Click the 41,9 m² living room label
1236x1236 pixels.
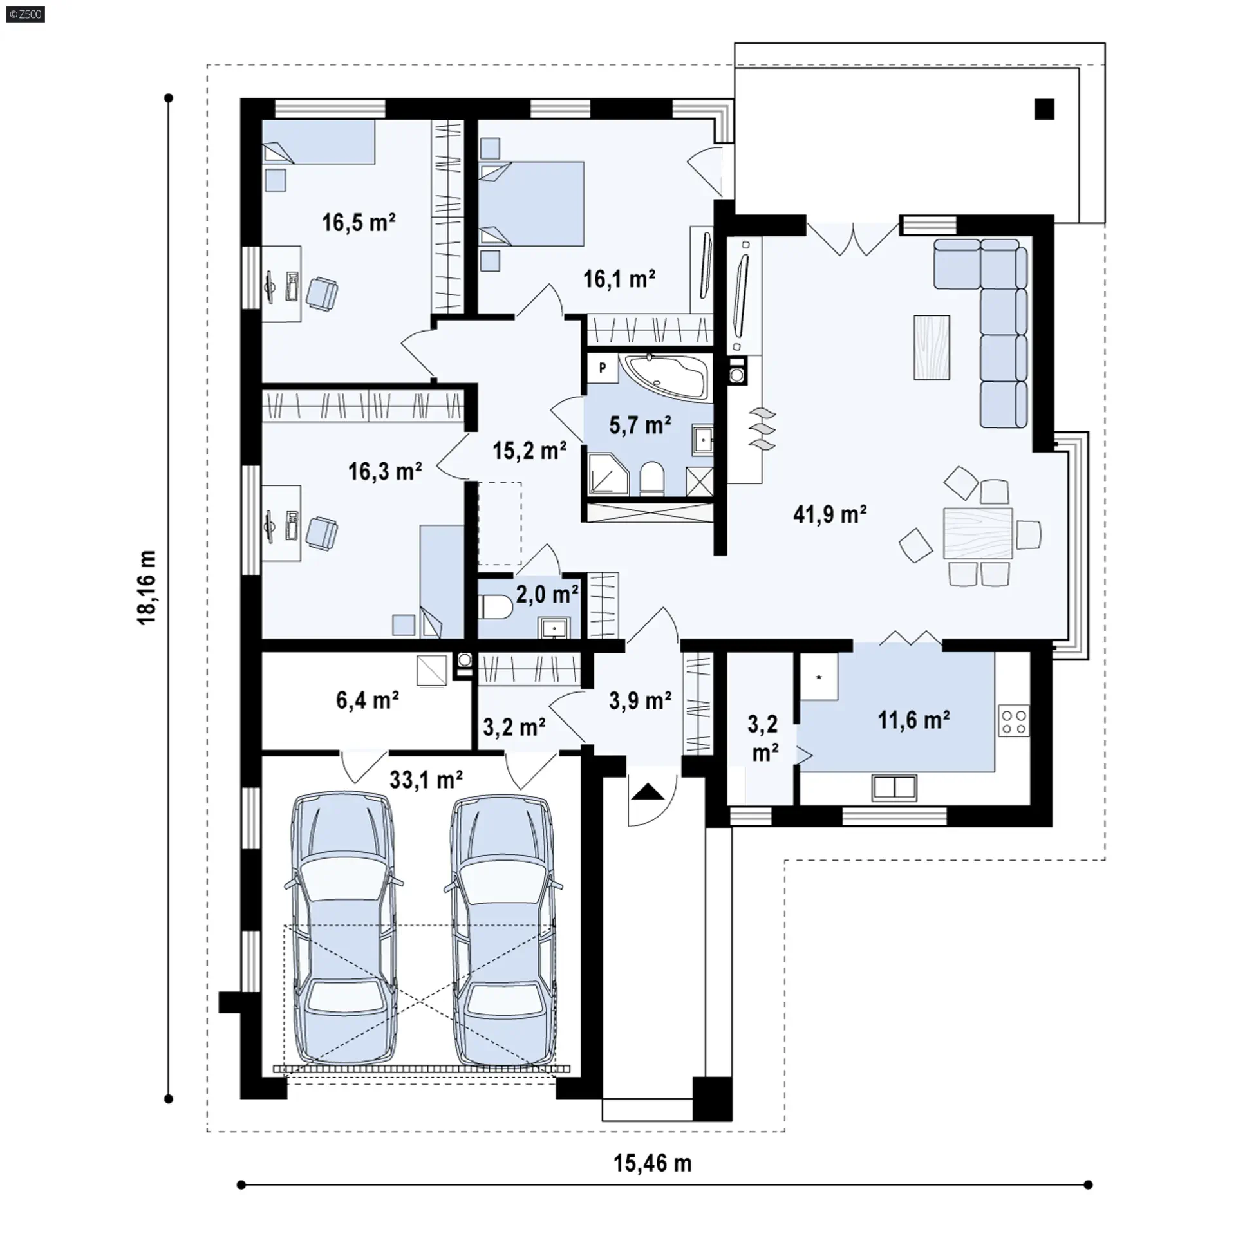[830, 514]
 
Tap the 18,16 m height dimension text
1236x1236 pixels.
[147, 587]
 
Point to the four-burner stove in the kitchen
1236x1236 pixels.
[1013, 721]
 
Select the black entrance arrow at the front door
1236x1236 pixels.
[647, 791]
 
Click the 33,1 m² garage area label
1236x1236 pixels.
[426, 780]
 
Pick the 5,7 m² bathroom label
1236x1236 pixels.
[640, 425]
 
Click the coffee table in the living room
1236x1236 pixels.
[932, 347]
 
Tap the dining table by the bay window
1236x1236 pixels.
[978, 533]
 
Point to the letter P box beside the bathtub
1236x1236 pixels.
[603, 368]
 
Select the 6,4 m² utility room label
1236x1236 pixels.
[367, 700]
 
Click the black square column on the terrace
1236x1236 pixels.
[1044, 109]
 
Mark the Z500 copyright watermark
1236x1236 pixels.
[26, 14]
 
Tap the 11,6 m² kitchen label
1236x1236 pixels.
[914, 719]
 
